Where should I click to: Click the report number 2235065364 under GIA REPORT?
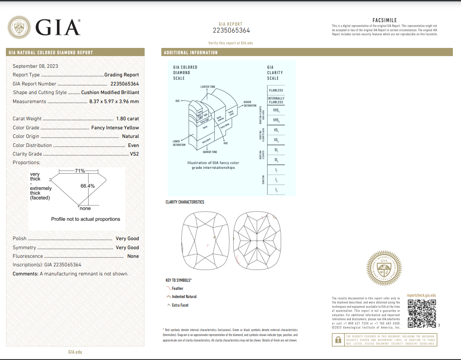coord(231,31)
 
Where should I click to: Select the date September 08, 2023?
coord(35,66)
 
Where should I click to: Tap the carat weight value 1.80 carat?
coord(127,118)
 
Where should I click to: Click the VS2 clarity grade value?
coord(134,154)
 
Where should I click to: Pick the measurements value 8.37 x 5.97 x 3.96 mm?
coord(114,101)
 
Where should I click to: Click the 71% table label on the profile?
coord(80,171)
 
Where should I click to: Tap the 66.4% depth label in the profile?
coord(88,186)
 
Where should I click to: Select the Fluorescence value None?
coord(133,256)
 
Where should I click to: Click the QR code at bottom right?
coord(421,313)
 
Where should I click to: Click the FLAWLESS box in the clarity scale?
coord(276,90)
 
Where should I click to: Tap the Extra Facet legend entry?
coord(180,305)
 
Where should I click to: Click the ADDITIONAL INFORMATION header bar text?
coord(191,52)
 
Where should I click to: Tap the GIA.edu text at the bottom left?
coord(75,351)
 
